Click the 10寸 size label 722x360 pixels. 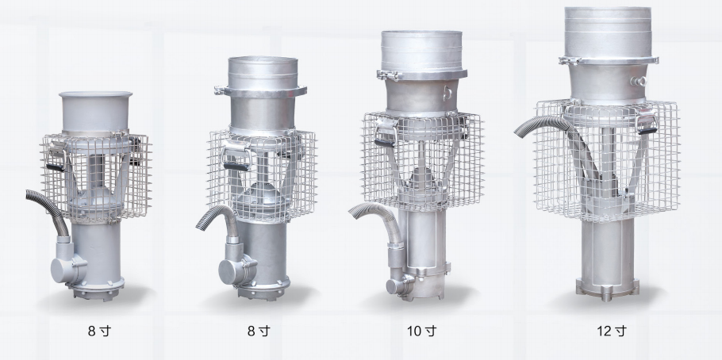pyautogui.click(x=421, y=331)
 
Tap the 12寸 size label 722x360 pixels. pyautogui.click(x=612, y=331)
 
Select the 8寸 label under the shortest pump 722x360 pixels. pyautogui.click(x=99, y=331)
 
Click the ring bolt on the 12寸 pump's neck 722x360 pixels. pyautogui.click(x=639, y=81)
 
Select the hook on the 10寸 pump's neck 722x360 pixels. pyautogui.click(x=447, y=94)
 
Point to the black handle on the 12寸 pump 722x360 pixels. pyautogui.click(x=647, y=131)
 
